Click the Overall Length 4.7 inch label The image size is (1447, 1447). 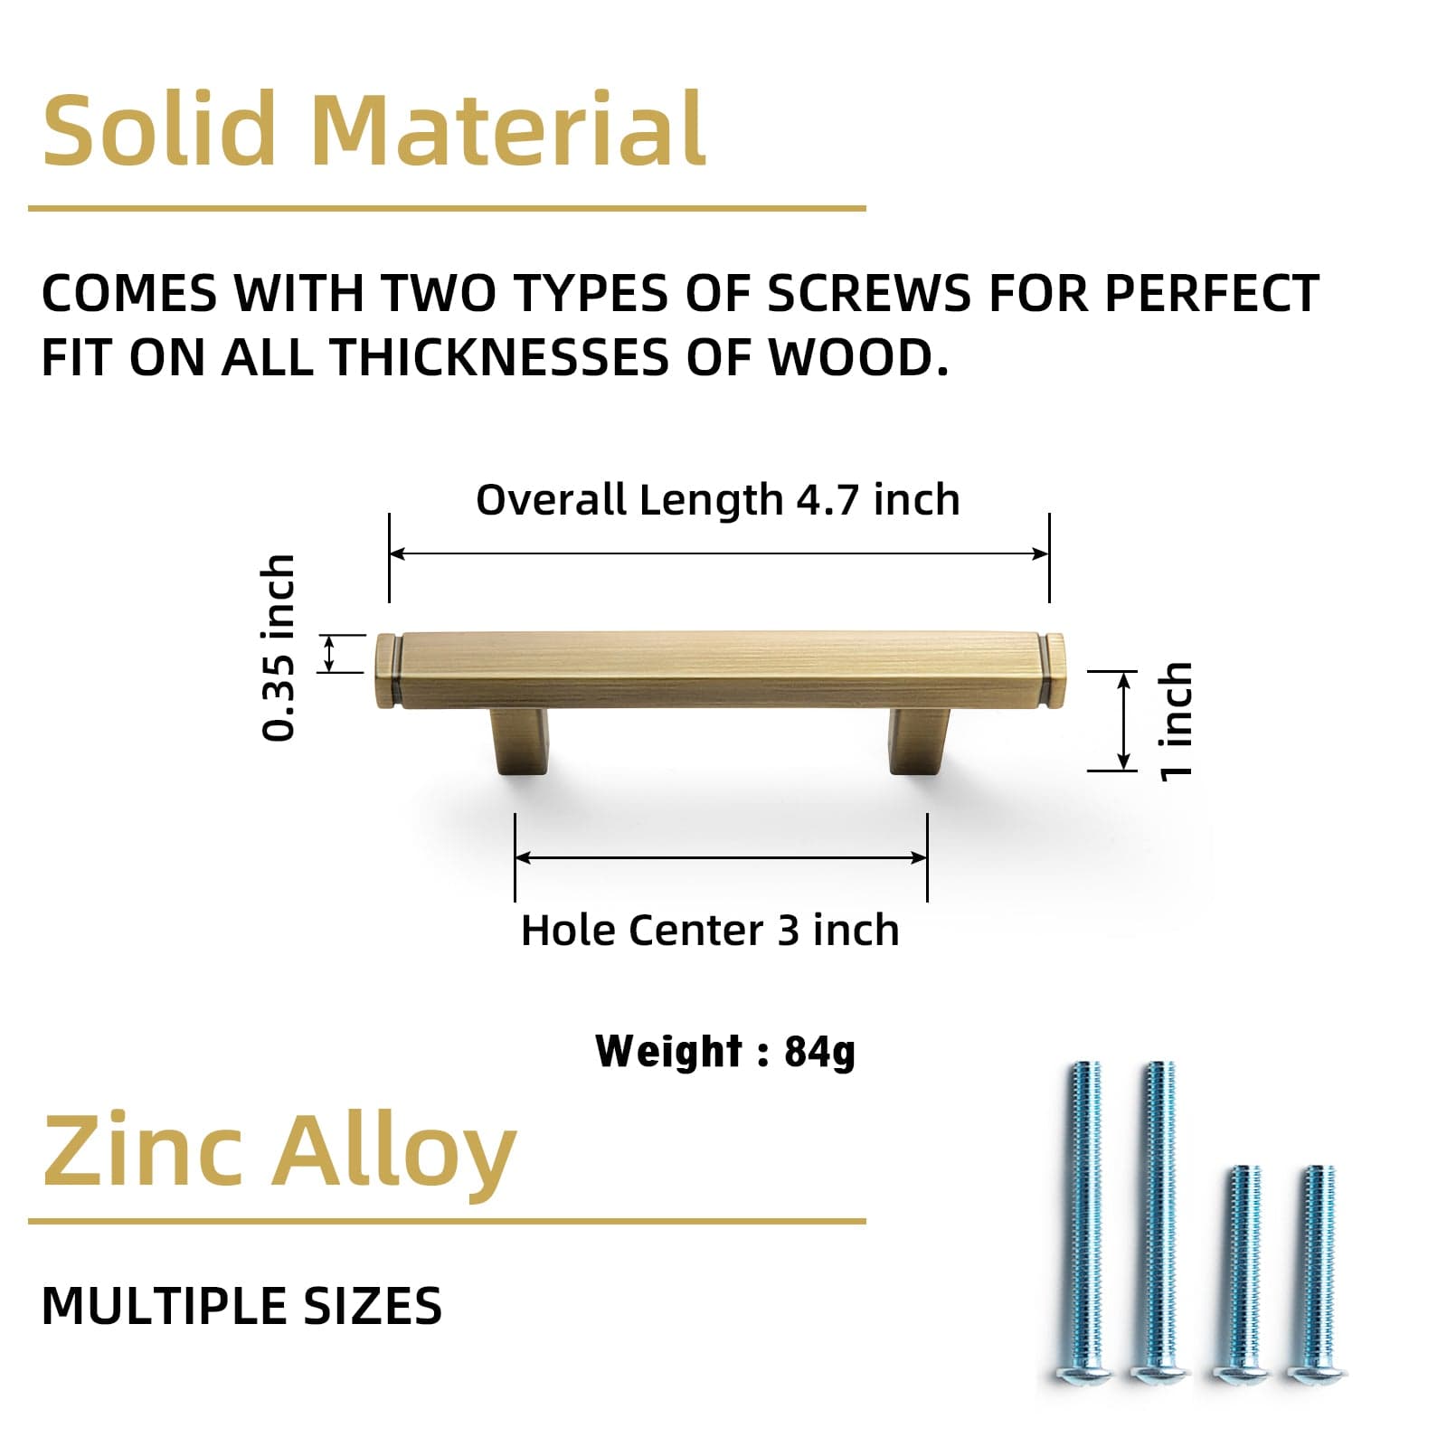[717, 500]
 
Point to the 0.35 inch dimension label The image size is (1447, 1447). [279, 648]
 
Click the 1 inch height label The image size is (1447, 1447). [1177, 721]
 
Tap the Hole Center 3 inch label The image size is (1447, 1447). [710, 931]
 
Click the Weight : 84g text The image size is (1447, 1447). [725, 1052]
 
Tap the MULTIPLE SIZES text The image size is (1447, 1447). [241, 1306]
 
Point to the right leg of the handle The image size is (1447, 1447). [920, 741]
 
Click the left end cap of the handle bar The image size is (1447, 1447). [387, 670]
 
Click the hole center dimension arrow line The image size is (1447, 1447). [721, 857]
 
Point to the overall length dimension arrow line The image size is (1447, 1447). [719, 553]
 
